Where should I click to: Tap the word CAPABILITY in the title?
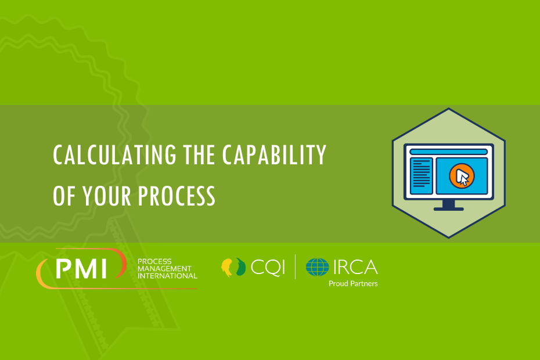pos(274,154)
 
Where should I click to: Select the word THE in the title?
pos(199,154)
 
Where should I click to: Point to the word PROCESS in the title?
pos(177,196)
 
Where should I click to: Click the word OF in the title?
pos(64,196)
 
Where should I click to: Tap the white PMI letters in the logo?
pos(81,268)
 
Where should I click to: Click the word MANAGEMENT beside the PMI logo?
pos(164,269)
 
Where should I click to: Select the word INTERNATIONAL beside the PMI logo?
pos(167,276)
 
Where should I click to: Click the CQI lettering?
pos(268,267)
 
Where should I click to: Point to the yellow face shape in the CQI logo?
pos(227,267)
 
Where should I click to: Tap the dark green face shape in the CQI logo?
pos(241,267)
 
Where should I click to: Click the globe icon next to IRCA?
pos(317,267)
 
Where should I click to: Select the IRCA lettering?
pos(355,267)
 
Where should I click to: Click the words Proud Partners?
pos(353,283)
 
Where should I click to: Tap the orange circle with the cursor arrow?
pos(462,176)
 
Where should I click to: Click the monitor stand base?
pos(448,209)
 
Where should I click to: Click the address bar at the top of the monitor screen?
pos(448,152)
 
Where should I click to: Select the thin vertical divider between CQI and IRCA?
pos(295,267)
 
